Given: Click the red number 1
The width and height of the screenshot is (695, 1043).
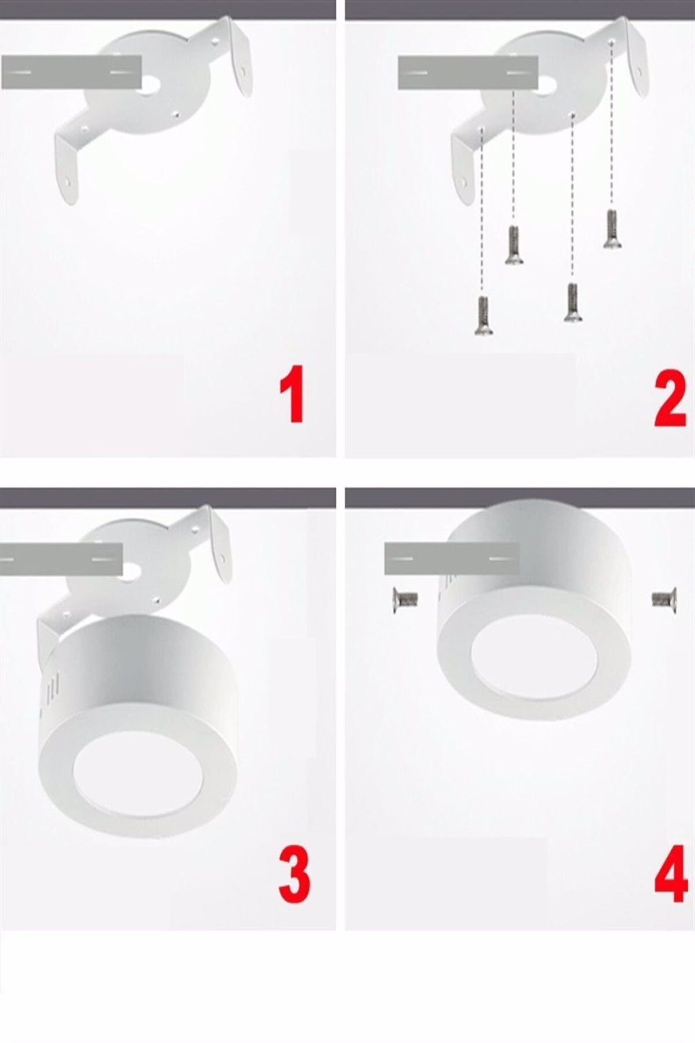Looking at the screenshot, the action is click(x=293, y=394).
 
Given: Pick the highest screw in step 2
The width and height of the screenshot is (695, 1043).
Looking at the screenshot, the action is click(x=612, y=229).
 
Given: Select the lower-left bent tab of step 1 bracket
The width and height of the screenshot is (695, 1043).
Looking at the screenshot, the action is click(x=66, y=170).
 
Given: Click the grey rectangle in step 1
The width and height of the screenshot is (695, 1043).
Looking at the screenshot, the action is click(x=71, y=72).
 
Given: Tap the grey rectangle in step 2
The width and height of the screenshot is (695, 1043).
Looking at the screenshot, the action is click(x=468, y=73).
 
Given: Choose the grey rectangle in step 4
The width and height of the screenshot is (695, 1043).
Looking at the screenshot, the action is click(x=451, y=558).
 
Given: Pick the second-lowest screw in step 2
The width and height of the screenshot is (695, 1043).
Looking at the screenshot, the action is click(x=573, y=303).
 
